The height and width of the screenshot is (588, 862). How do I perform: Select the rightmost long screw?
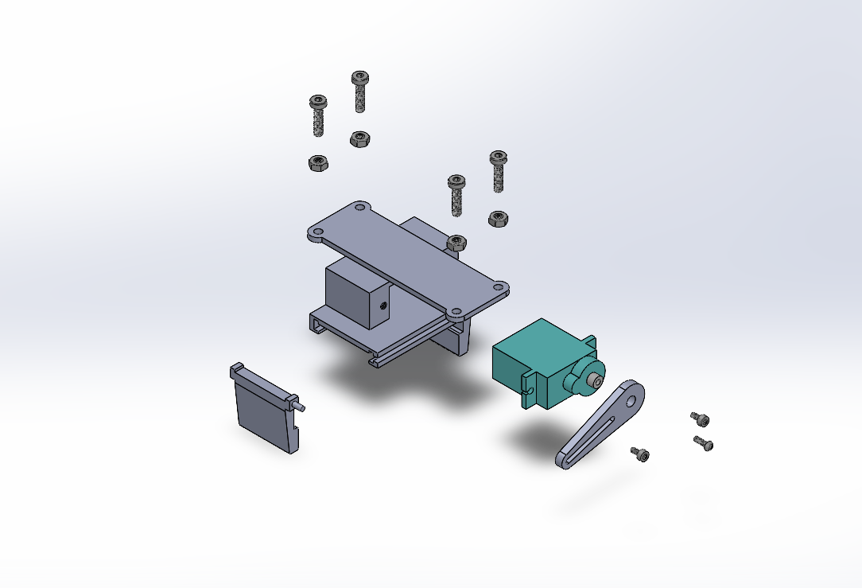click(x=499, y=172)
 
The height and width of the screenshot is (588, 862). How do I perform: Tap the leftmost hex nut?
click(x=319, y=164)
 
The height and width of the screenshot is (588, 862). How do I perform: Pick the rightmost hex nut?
click(x=499, y=218)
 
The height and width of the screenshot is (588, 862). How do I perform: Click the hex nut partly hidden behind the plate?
click(x=456, y=242)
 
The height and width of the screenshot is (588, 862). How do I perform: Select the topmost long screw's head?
click(x=360, y=78)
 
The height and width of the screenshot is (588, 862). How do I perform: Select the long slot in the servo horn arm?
click(x=593, y=434)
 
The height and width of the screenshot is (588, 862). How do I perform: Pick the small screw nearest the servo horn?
click(x=640, y=454)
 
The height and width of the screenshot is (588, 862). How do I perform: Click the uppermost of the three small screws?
click(x=699, y=419)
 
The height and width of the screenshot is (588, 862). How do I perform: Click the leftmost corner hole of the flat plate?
click(x=315, y=234)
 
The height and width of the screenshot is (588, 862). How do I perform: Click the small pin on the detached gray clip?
click(x=302, y=406)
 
